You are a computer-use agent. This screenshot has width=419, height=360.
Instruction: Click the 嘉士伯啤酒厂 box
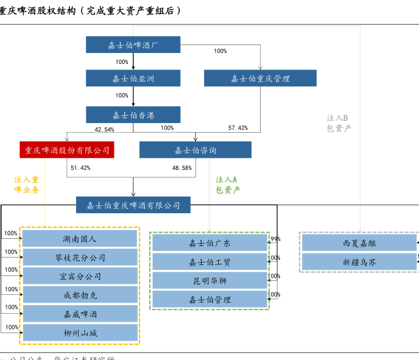[x=133, y=44]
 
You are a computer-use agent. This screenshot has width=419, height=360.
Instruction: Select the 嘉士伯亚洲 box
[x=133, y=78]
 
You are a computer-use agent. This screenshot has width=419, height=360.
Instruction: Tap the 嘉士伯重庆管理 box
[x=260, y=78]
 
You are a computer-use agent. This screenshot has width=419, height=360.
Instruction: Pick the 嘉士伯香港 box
[x=133, y=115]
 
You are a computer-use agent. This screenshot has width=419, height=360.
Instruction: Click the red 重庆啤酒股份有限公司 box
[x=67, y=150]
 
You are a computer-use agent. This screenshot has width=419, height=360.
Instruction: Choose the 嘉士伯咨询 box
[x=195, y=150]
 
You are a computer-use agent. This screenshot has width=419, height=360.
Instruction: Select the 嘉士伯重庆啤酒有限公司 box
[x=133, y=205]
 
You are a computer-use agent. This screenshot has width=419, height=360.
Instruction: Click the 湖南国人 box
[x=80, y=239]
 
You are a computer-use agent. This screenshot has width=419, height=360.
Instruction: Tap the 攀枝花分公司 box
[x=80, y=258]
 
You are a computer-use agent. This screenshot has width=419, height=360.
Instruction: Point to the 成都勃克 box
[x=80, y=295]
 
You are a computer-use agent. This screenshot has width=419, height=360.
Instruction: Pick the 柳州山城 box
[x=80, y=333]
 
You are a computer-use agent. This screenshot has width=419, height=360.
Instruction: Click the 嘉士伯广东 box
[x=209, y=243]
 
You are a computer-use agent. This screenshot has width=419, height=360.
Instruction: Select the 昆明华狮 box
[x=209, y=281]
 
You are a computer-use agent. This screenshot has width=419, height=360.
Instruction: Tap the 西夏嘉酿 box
[x=359, y=243]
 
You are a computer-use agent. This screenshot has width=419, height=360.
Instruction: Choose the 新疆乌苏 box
[x=359, y=262]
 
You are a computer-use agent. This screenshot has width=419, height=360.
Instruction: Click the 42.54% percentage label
[x=104, y=129]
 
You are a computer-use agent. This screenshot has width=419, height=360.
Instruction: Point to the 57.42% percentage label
[x=238, y=128]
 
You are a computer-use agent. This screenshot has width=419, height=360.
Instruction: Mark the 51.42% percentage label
[x=80, y=168]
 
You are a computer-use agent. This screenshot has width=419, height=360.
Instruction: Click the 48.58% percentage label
[x=182, y=168]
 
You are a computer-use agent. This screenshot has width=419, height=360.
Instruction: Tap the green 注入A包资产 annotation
[x=227, y=185]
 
